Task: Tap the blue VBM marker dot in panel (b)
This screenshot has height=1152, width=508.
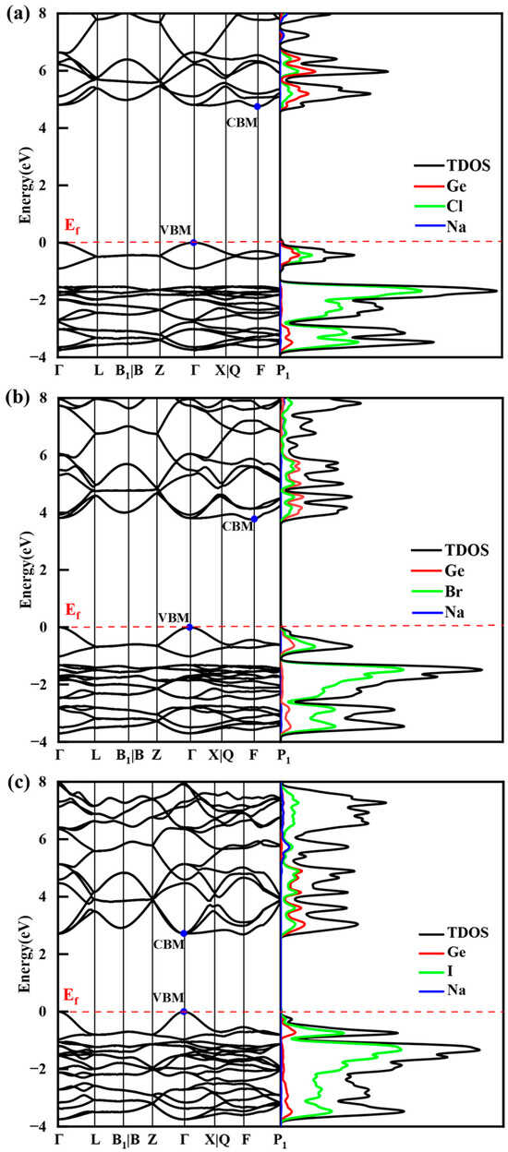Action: coord(189,627)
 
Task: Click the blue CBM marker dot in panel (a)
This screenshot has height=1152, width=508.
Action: coord(258,106)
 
